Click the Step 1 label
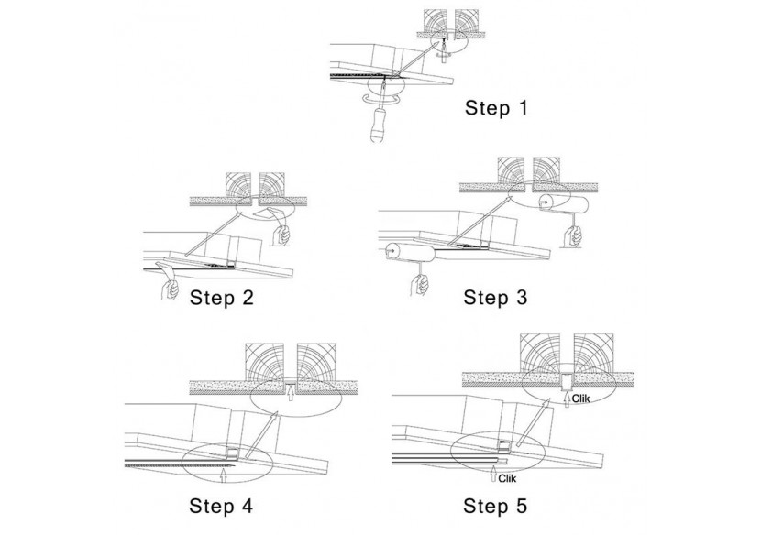[x=497, y=108]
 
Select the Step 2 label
[x=222, y=298]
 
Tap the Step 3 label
[x=496, y=297]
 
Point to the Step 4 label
[x=222, y=505]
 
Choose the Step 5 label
[x=496, y=505]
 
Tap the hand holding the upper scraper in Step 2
[x=283, y=237]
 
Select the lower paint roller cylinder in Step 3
[x=402, y=248]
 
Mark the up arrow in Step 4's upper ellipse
[x=289, y=395]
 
